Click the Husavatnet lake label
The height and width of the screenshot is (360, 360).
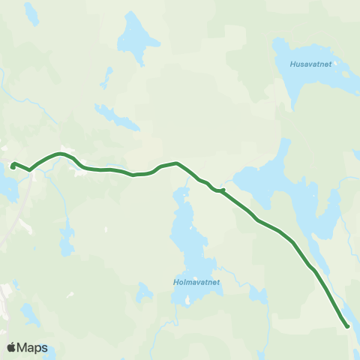(316, 64)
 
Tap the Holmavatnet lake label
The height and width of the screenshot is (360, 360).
(195, 283)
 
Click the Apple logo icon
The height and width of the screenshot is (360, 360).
(11, 347)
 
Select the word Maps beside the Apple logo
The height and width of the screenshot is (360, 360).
(32, 347)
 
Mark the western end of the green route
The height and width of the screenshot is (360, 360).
(13, 165)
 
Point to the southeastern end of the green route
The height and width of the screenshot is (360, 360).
(346, 325)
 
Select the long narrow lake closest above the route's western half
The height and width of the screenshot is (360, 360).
(116, 118)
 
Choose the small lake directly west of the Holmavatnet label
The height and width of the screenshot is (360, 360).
(142, 292)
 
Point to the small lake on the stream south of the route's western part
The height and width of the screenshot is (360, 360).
(67, 239)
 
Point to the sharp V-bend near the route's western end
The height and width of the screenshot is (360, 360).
(30, 170)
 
